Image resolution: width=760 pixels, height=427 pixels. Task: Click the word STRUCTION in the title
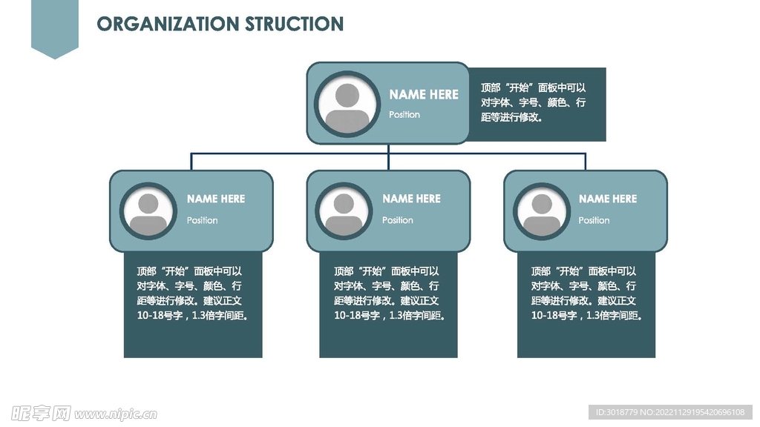295,24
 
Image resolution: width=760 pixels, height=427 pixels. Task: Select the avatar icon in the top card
347,103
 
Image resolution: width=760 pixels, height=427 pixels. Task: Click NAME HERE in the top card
424,94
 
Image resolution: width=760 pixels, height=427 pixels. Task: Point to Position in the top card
404,115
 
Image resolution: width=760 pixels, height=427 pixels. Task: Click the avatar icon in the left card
149,211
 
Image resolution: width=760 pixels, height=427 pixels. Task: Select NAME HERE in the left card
215,199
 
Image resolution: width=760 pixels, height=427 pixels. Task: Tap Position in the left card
202,220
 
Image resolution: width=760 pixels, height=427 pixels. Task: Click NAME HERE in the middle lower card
411,199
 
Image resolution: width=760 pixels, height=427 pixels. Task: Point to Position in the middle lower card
398,220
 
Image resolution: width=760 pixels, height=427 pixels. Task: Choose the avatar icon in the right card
542,211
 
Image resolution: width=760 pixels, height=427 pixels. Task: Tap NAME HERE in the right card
608,199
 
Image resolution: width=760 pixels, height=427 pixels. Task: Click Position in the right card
594,220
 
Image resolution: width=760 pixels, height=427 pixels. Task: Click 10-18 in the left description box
151,315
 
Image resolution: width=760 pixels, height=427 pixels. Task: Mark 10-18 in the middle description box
348,315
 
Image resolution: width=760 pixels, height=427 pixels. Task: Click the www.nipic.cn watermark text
115,414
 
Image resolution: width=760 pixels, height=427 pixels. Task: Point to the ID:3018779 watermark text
617,412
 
